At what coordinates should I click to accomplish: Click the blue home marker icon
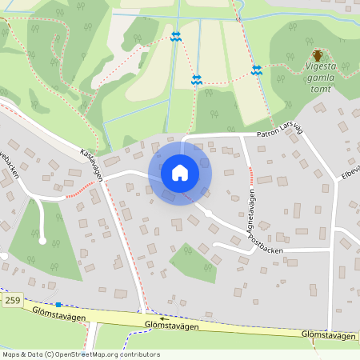tap(180, 171)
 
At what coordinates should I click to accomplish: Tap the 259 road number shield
tap(11, 300)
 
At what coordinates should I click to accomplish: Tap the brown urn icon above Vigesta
tap(318, 55)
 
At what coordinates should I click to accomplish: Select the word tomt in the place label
tap(321, 89)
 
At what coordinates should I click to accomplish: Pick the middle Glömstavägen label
tap(172, 326)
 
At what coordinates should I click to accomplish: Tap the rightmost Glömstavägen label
tap(329, 336)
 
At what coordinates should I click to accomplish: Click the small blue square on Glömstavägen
tap(58, 304)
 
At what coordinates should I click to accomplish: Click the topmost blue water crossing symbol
tap(176, 37)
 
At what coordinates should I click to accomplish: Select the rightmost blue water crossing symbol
tap(257, 70)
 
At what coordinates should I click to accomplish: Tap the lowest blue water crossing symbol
tap(197, 80)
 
